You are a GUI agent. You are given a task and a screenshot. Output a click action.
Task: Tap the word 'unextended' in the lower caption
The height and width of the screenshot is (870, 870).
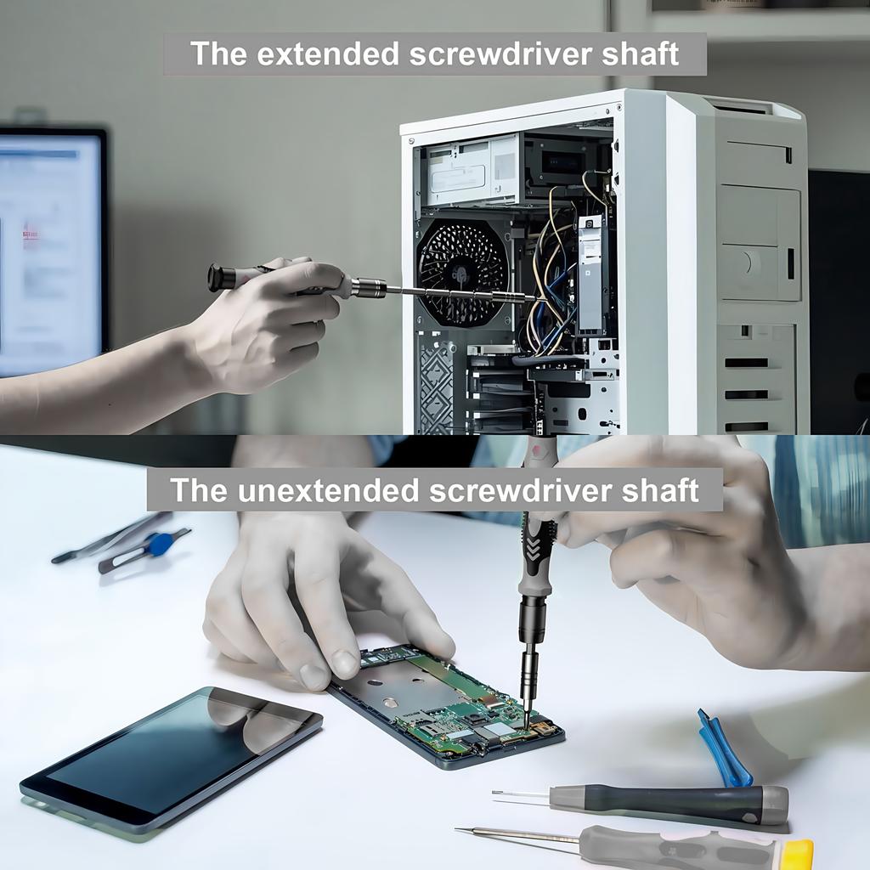[328, 490]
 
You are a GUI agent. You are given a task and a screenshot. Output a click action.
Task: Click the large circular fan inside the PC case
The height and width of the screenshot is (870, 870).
[462, 273]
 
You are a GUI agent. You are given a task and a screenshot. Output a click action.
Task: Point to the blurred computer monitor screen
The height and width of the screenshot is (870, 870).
[51, 250]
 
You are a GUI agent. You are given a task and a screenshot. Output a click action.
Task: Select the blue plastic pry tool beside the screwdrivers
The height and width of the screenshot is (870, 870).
[722, 749]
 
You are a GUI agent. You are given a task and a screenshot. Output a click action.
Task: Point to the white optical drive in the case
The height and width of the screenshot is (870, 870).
[472, 171]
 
